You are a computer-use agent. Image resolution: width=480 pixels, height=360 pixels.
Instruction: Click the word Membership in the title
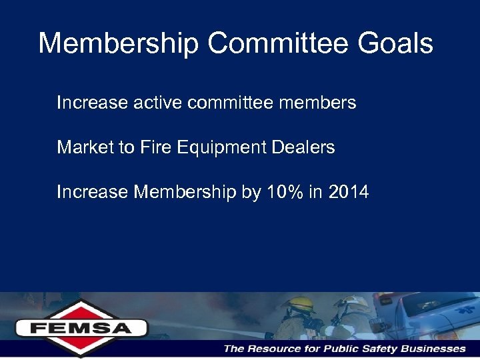tap(119, 44)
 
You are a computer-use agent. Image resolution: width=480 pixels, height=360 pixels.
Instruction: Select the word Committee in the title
tap(277, 44)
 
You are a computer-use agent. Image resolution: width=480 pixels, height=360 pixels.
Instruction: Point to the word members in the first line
tap(319, 103)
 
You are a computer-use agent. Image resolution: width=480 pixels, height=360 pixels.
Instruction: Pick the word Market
tap(85, 147)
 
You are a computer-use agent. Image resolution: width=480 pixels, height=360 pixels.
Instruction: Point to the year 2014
tap(349, 192)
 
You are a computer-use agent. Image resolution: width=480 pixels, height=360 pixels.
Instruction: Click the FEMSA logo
tap(82, 328)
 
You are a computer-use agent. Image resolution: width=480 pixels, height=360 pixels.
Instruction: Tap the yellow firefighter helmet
tap(299, 305)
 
